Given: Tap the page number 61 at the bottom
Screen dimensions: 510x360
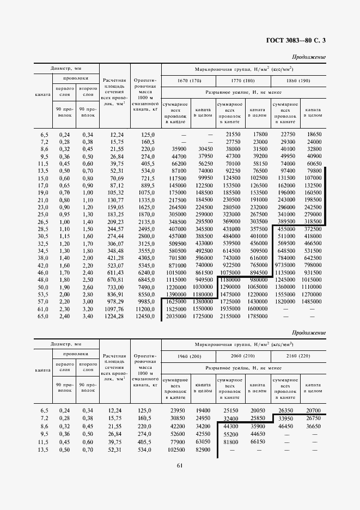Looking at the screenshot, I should click(180, 465).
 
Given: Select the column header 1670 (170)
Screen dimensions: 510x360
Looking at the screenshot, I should click(189, 81).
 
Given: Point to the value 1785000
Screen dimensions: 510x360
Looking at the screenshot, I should click(257, 316).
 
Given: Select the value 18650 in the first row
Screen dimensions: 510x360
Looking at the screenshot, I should click(314, 134).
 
